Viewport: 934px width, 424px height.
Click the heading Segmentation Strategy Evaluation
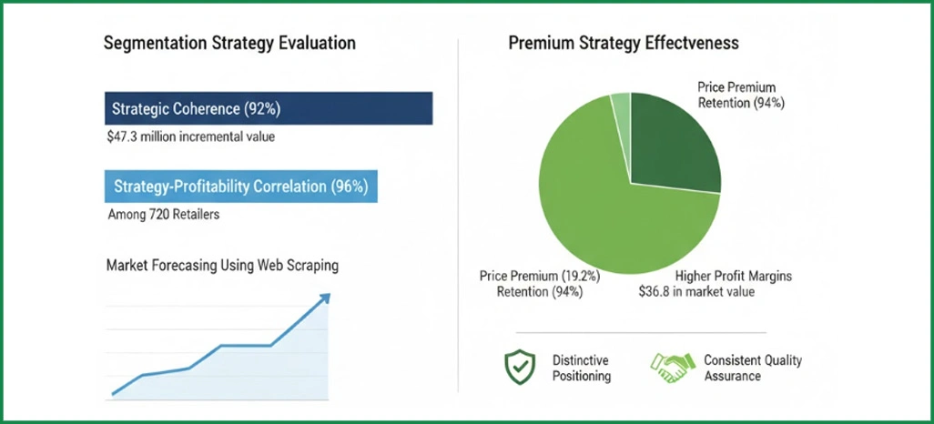click(229, 44)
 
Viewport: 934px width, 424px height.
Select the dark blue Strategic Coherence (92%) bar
click(269, 109)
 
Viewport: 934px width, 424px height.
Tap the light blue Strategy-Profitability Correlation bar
click(240, 187)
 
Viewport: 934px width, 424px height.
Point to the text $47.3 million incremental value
click(190, 137)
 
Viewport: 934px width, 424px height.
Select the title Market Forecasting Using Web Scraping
click(222, 266)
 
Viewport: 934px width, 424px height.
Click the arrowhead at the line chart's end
click(325, 298)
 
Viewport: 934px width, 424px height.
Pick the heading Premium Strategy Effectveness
click(624, 43)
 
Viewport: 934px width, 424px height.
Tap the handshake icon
click(672, 368)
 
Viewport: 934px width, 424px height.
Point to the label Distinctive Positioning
click(581, 368)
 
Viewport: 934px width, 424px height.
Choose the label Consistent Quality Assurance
click(753, 368)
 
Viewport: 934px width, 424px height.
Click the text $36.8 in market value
click(695, 292)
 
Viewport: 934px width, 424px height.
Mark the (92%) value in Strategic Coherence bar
click(262, 109)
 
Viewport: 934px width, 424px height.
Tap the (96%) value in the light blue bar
click(350, 187)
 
